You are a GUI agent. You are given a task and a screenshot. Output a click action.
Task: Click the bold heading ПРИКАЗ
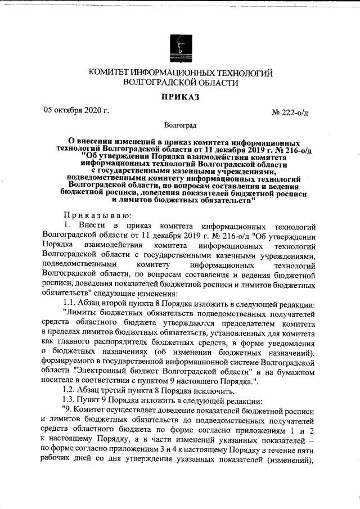(181, 97)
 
